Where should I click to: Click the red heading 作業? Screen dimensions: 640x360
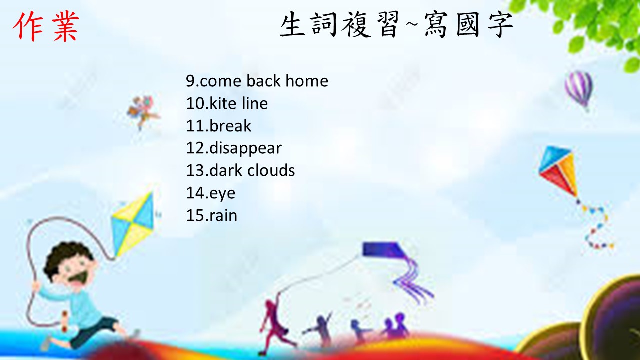pyautogui.click(x=45, y=27)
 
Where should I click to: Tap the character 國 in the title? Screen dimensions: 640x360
pyautogui.click(x=467, y=25)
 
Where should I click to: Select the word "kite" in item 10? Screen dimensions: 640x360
pyautogui.click(x=223, y=103)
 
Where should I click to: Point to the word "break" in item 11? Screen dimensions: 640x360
pyautogui.click(x=230, y=125)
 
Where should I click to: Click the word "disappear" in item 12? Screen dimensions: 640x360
pyautogui.click(x=245, y=149)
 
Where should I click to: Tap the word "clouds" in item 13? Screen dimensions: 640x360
pyautogui.click(x=271, y=170)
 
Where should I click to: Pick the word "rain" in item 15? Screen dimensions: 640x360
pyautogui.click(x=223, y=215)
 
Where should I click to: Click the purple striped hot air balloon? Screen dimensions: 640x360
pyautogui.click(x=579, y=89)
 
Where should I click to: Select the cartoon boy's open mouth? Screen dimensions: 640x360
pyautogui.click(x=80, y=278)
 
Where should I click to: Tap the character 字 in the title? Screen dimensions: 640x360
pyautogui.click(x=500, y=25)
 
